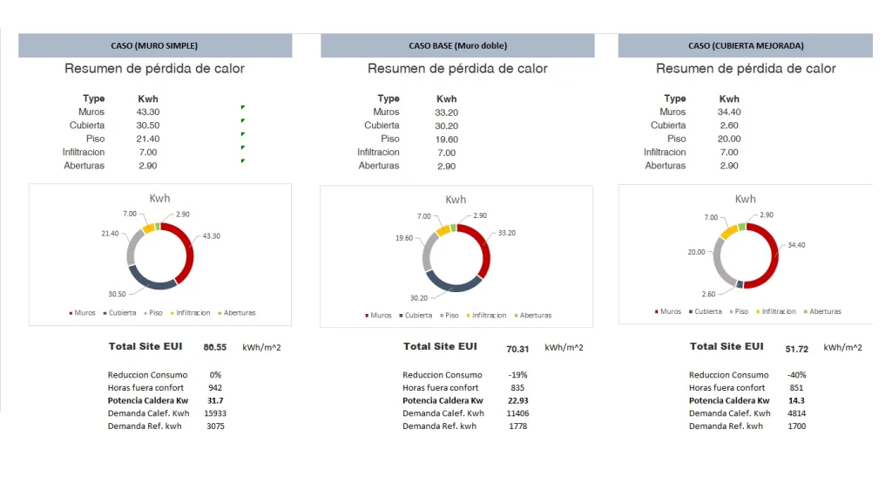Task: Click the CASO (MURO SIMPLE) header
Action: click(x=154, y=45)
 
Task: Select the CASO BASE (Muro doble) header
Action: click(x=457, y=45)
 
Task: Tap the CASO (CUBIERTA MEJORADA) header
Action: click(x=746, y=45)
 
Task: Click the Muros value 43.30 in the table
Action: click(x=148, y=112)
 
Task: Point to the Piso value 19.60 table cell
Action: click(x=446, y=139)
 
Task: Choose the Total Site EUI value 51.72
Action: click(x=797, y=349)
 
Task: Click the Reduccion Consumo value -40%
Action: click(x=796, y=375)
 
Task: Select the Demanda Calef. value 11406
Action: click(x=517, y=413)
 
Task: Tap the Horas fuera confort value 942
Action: click(x=214, y=387)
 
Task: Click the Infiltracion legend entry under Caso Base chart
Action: click(x=486, y=316)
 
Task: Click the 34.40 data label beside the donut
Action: click(x=795, y=245)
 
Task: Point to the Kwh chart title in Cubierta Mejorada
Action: click(x=746, y=199)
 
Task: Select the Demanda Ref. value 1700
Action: click(x=796, y=426)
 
